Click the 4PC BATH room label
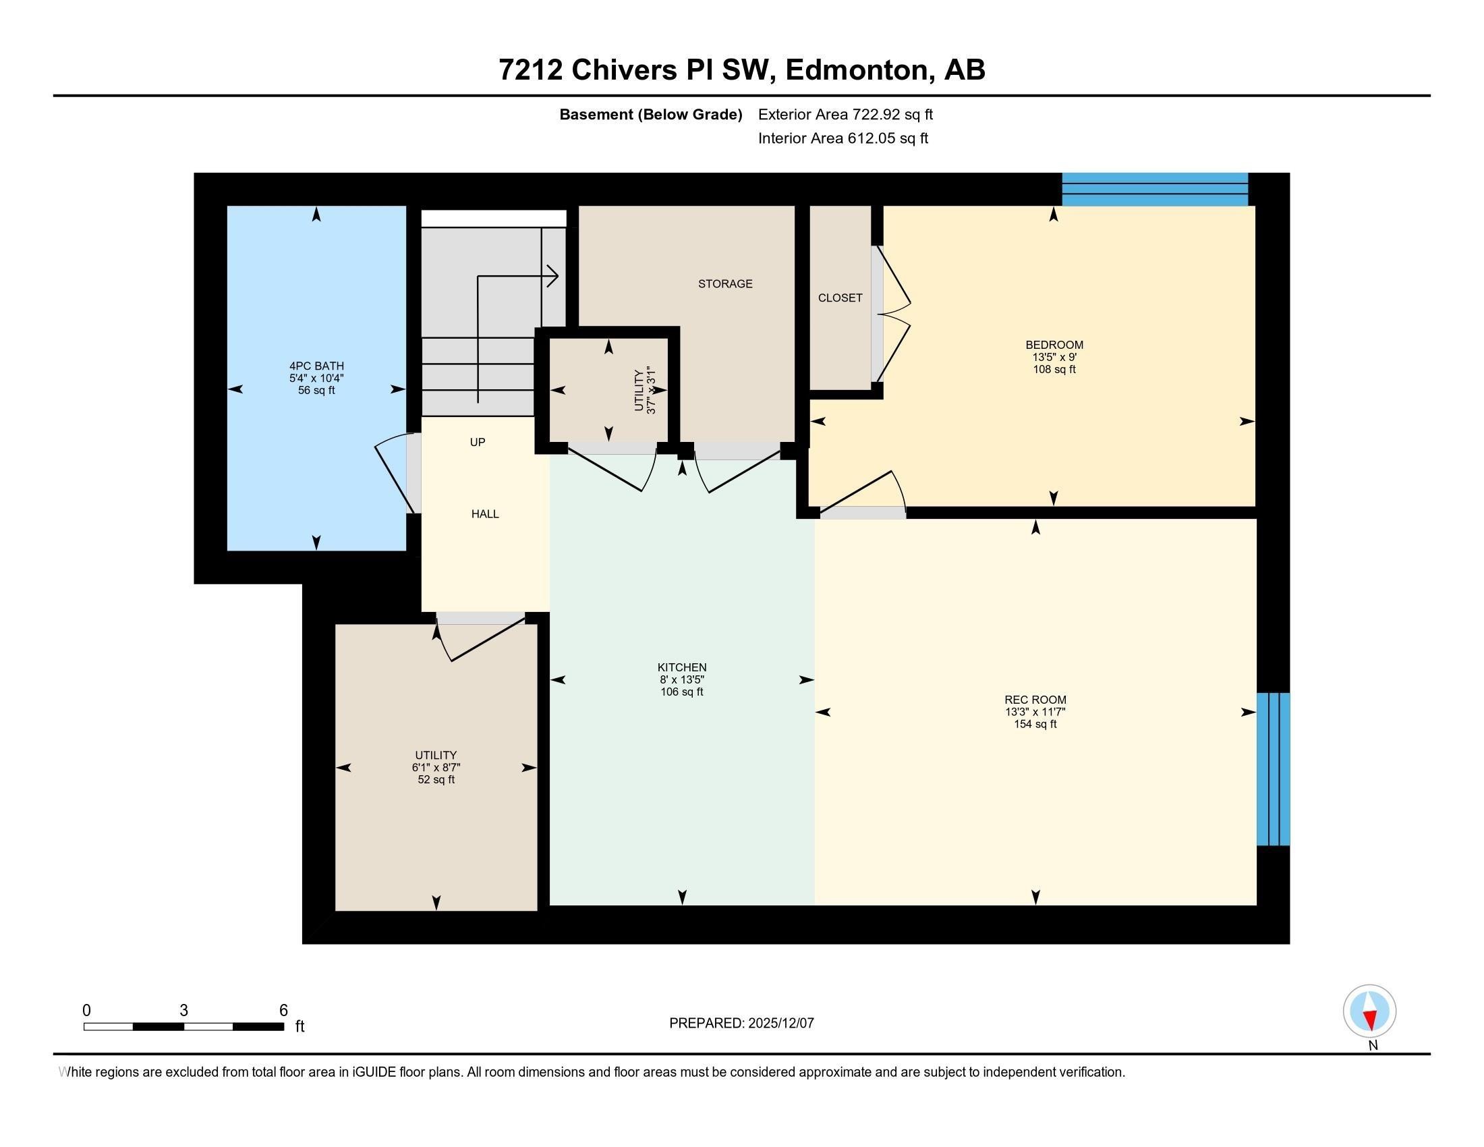pos(316,366)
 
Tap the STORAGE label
pos(725,284)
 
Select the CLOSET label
pos(840,298)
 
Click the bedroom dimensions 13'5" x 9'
pos(1054,357)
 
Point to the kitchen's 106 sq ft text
pos(681,692)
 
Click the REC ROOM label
pos(1035,700)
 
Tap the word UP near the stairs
pos(478,443)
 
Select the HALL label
pos(485,514)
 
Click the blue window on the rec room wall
pos(1273,768)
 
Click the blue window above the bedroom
pos(1154,189)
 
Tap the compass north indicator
pos(1369,1011)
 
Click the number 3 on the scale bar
pos(183,1011)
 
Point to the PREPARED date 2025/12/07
pos(741,1024)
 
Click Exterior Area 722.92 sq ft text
pos(845,115)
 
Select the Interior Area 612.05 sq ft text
pos(843,138)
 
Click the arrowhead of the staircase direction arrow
pos(553,276)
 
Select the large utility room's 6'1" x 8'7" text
pos(436,767)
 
